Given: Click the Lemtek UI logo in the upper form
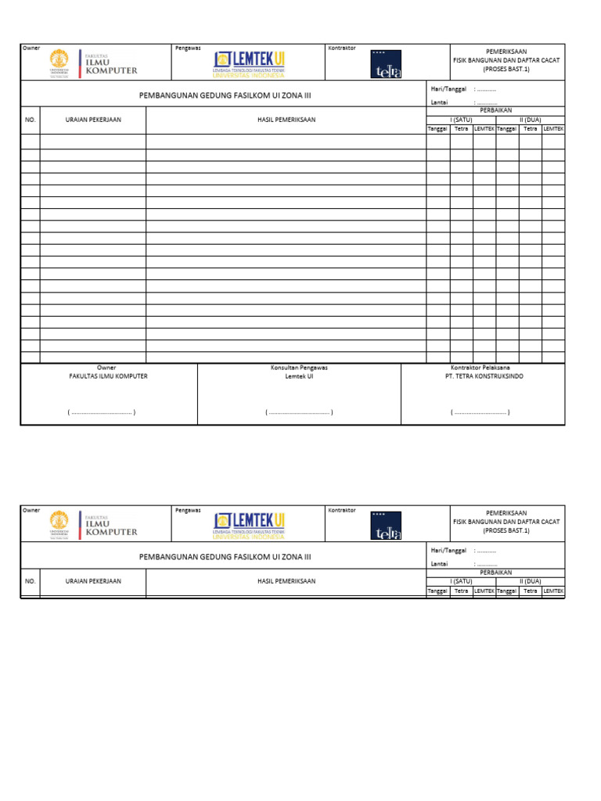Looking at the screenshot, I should pos(248,63).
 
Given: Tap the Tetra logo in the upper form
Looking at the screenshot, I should pos(386,64).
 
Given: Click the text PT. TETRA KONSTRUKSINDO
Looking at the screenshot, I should pos(480,376).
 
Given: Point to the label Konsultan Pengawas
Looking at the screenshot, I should pos(299,368).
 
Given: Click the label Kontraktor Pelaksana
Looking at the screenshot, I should pos(480,368).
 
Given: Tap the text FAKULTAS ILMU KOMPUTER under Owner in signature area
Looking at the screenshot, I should pos(108,376).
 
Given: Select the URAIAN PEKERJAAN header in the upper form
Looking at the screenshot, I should pos(93,120).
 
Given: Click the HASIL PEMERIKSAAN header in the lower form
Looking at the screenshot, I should pos(286,581).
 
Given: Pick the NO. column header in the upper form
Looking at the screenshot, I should pos(31,120).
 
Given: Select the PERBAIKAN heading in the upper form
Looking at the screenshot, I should pos(495,110).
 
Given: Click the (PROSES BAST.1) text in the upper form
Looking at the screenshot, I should pos(506,68).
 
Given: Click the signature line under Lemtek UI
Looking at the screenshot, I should pos(299,411).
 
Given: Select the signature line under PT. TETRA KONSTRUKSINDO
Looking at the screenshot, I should pos(480,411).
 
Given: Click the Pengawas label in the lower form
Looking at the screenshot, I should pos(188,510).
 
